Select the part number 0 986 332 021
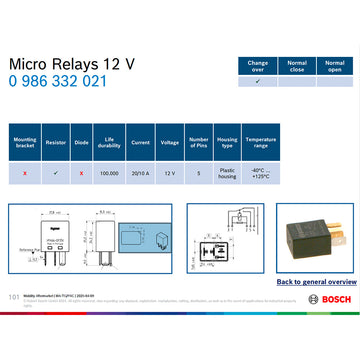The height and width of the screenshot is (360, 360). click(x=57, y=81)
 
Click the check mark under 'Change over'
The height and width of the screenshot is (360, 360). click(x=258, y=82)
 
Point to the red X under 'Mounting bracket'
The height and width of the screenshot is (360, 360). click(x=25, y=173)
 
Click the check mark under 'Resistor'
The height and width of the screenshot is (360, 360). click(x=56, y=173)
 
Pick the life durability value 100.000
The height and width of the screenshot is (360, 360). click(x=108, y=173)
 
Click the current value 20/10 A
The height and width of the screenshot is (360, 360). click(x=140, y=173)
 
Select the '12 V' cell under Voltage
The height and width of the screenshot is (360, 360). click(x=170, y=173)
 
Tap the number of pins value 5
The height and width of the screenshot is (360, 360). click(x=199, y=173)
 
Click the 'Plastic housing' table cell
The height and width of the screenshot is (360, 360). click(x=228, y=173)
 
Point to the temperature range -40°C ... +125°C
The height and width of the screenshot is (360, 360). click(x=260, y=173)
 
